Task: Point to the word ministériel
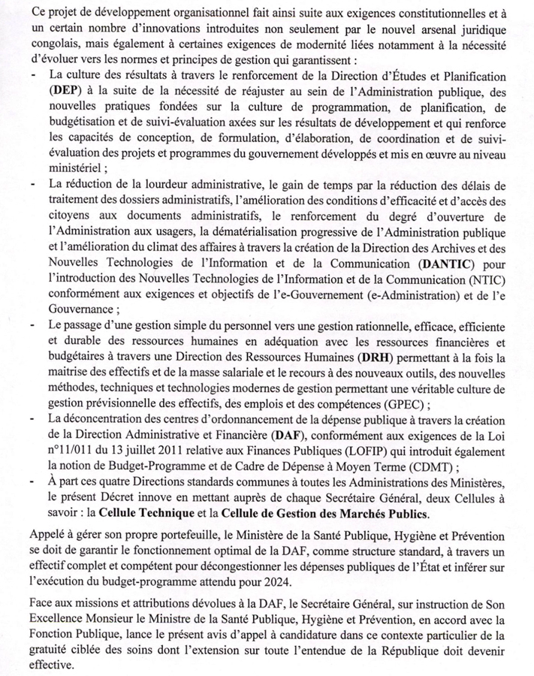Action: [x=75, y=168]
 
